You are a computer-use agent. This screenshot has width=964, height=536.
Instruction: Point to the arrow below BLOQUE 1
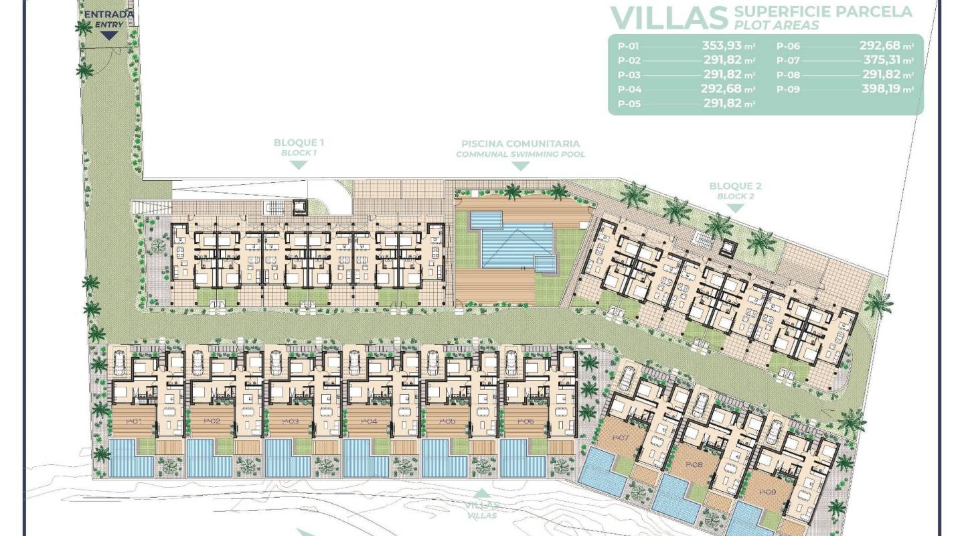299,165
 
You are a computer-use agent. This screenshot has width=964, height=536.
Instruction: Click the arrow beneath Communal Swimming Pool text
520,167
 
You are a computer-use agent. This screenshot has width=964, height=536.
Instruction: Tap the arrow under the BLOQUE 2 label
735,208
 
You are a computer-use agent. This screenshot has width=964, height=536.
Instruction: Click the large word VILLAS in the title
669,16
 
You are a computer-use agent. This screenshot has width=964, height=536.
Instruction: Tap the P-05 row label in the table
629,103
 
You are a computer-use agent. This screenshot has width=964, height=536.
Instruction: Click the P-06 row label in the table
788,47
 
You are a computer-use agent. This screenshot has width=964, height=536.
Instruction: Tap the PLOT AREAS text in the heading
779,25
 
